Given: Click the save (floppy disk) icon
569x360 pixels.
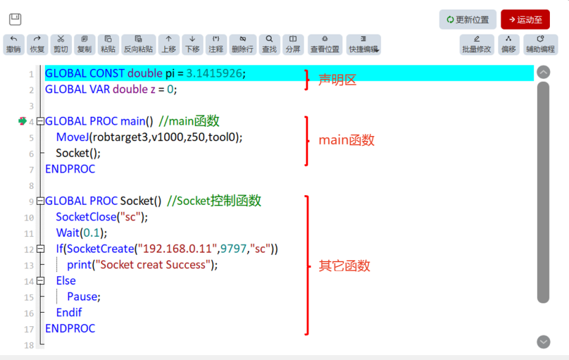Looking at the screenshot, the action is coord(15,19).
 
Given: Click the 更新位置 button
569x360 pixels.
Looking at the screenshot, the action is coord(468,20).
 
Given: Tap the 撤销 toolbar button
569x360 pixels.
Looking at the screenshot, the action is coord(14,45).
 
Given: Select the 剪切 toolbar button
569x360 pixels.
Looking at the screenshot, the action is coord(61,45).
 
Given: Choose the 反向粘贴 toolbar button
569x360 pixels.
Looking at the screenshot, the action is coord(138,45).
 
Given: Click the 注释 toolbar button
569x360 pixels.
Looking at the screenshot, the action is coord(216,45).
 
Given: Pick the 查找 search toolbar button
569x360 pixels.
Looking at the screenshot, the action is coord(269,45).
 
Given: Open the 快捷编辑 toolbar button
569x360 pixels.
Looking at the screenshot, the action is coord(364,45).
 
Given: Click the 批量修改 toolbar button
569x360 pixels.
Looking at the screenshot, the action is coord(477,45).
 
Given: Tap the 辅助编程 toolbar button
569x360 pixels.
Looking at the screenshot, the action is coord(541,45).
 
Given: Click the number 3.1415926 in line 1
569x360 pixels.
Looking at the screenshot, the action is coord(214,73).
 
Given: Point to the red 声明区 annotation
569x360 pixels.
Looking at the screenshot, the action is coord(338,80).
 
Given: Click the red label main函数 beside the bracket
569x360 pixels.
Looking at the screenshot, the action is coord(346,140).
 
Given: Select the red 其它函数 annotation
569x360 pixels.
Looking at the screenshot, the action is coord(344,266).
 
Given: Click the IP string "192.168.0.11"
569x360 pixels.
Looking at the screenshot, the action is coord(177,249).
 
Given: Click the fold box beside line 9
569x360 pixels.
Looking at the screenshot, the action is coord(41,201).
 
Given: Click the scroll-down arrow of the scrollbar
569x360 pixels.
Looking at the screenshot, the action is coord(543,342).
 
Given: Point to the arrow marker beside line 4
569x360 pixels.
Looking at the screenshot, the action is coord(23,121).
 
